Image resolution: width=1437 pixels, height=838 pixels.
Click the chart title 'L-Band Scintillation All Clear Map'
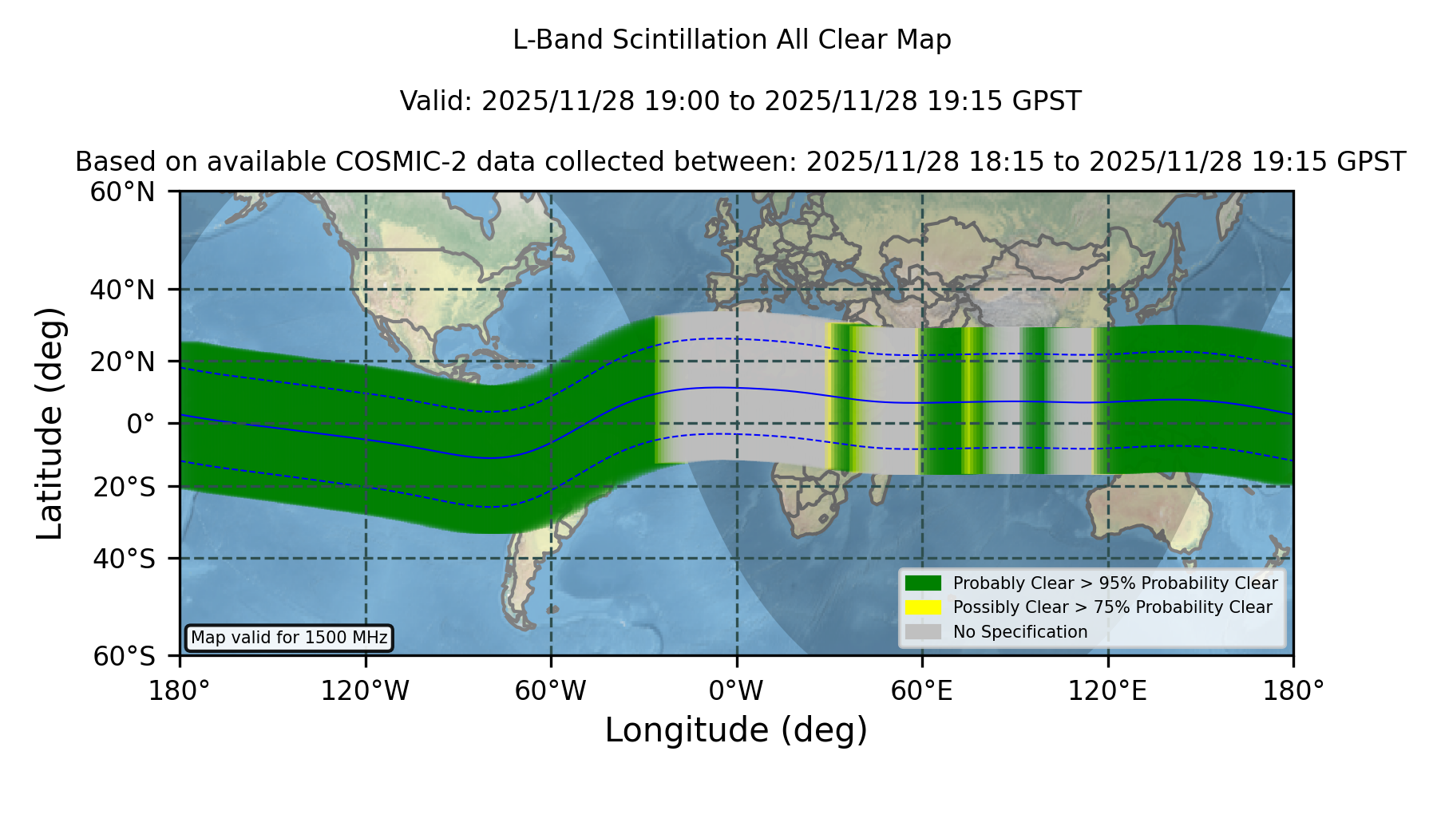(x=731, y=40)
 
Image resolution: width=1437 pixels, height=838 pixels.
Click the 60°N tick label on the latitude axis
(x=122, y=192)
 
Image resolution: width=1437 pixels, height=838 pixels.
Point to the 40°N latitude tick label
(x=122, y=290)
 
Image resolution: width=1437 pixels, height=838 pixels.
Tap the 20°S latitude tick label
(x=124, y=486)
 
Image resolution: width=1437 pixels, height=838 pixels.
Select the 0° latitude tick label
(x=141, y=424)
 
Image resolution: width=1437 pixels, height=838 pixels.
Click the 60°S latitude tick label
(x=124, y=656)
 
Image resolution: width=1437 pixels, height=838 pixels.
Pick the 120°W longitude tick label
(x=365, y=691)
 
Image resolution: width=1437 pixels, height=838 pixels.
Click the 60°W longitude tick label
(x=551, y=691)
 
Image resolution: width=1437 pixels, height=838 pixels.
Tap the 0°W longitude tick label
(x=736, y=691)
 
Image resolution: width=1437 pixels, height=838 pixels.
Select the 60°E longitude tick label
(x=922, y=691)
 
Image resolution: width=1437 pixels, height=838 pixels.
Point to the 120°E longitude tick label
(x=1107, y=691)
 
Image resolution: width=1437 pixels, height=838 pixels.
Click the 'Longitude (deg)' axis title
(x=736, y=730)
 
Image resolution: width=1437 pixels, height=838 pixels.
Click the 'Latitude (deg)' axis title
(x=49, y=423)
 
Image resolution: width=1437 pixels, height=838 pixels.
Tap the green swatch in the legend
(x=924, y=583)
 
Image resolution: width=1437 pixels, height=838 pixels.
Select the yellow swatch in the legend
(x=924, y=607)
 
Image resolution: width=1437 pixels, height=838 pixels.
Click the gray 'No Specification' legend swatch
(x=924, y=632)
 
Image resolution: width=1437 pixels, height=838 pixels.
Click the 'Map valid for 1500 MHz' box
(x=289, y=638)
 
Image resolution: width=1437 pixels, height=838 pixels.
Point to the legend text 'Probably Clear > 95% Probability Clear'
(x=1115, y=583)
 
